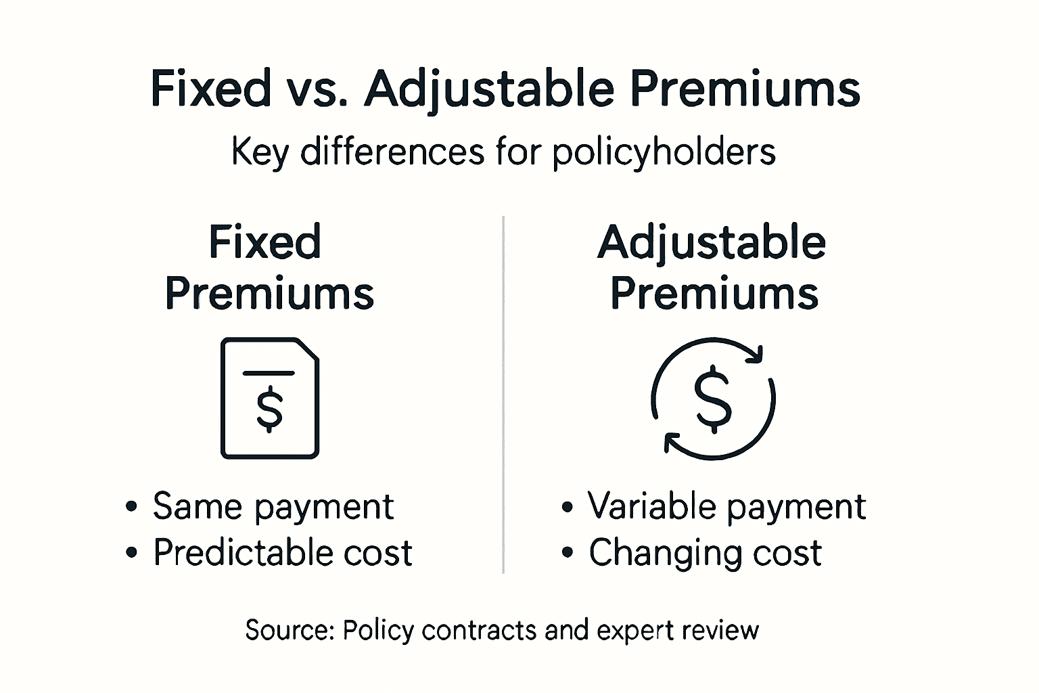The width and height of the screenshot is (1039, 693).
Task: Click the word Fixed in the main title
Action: [x=210, y=89]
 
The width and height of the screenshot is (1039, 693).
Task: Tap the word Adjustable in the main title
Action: [x=489, y=89]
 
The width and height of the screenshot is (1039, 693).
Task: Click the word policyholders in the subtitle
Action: [x=664, y=152]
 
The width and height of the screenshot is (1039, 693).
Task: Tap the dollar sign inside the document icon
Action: [x=270, y=409]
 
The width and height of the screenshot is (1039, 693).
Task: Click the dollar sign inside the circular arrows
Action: [x=713, y=399]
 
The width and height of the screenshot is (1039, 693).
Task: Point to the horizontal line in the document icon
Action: [x=269, y=373]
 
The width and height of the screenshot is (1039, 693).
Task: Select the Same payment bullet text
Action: [x=273, y=506]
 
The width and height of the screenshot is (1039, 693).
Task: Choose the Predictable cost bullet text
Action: [x=282, y=553]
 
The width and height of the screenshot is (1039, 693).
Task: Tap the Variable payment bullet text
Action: [x=726, y=506]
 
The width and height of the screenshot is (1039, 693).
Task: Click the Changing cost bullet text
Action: [x=705, y=553]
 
